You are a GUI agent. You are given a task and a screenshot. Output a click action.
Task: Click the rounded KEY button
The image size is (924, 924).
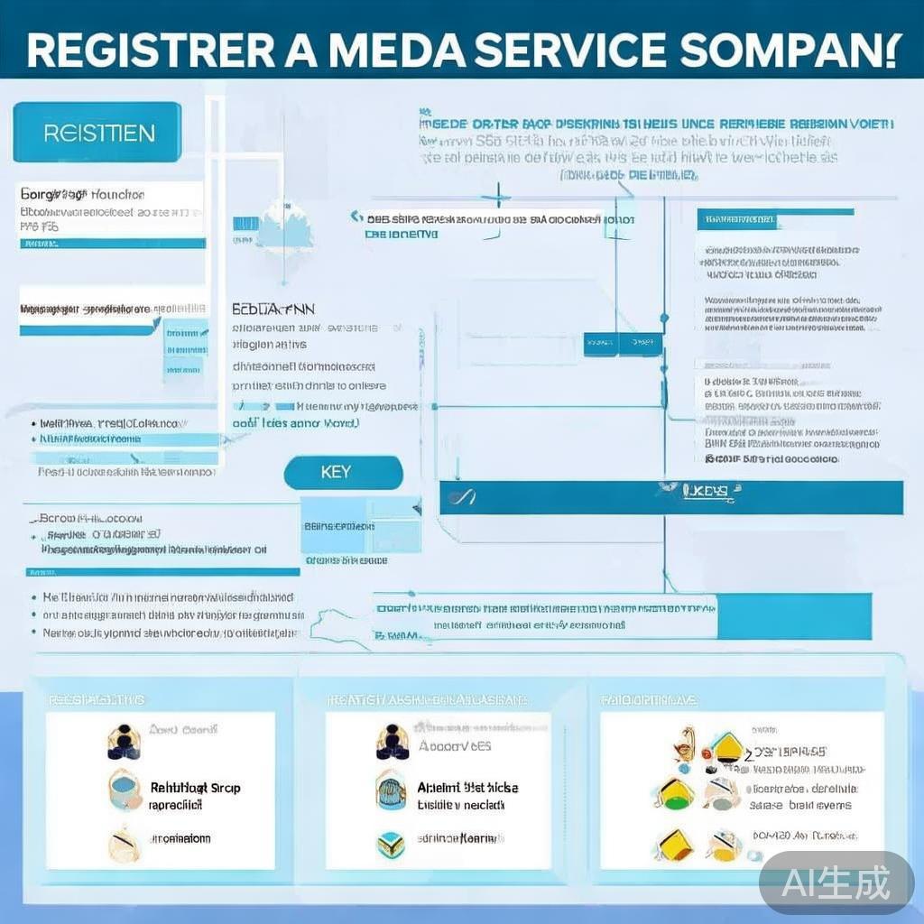point(343,473)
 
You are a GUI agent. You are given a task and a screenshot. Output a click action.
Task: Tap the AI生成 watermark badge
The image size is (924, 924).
point(836,882)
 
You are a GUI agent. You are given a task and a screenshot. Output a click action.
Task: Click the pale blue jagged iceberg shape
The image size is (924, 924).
point(285,227)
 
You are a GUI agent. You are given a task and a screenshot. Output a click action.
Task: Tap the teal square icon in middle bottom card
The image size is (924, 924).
point(390,845)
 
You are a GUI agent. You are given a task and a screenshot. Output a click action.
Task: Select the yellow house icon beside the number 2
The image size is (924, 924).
point(725,747)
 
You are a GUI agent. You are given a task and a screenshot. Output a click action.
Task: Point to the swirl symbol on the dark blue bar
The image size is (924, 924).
point(467,497)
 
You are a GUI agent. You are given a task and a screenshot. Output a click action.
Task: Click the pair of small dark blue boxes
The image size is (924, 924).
point(623,343)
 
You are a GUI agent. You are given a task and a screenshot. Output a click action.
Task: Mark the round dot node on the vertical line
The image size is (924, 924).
point(664,318)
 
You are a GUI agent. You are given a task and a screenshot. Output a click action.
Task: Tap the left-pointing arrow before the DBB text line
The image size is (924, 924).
point(357,217)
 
